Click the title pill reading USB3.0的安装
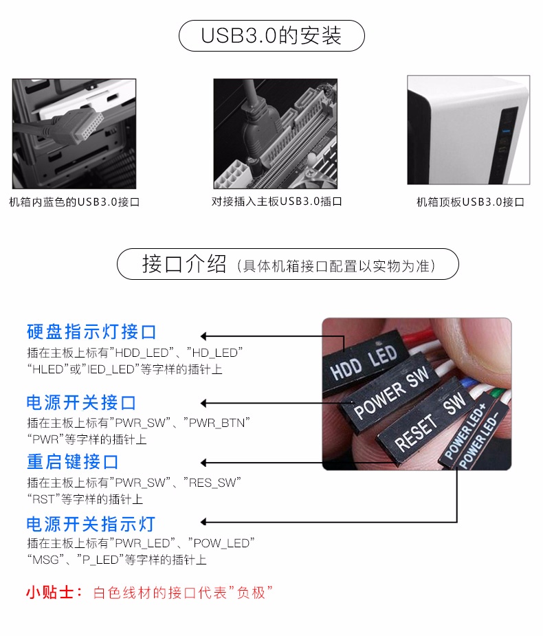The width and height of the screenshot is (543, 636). pos(271,36)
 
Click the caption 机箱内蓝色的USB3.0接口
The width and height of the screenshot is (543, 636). pos(74,202)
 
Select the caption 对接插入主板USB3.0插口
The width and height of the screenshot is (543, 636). pos(276,201)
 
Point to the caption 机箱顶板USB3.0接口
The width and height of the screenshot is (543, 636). pos(470,202)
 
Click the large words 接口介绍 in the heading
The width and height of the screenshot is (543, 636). pos(184,264)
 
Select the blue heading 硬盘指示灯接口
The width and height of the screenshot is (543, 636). pos(91,332)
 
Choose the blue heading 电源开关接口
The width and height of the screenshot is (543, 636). pos(81,402)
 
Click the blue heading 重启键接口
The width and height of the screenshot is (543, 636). pos(73,462)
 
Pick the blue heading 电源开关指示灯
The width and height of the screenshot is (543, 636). pos(91,524)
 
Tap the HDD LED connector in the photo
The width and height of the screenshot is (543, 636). pos(362,362)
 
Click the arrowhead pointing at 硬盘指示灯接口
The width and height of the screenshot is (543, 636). pos(204,336)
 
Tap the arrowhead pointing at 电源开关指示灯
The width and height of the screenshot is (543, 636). pos(204,522)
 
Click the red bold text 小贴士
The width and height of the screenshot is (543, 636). pos(50,593)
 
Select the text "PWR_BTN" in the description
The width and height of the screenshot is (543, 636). pos(217,423)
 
